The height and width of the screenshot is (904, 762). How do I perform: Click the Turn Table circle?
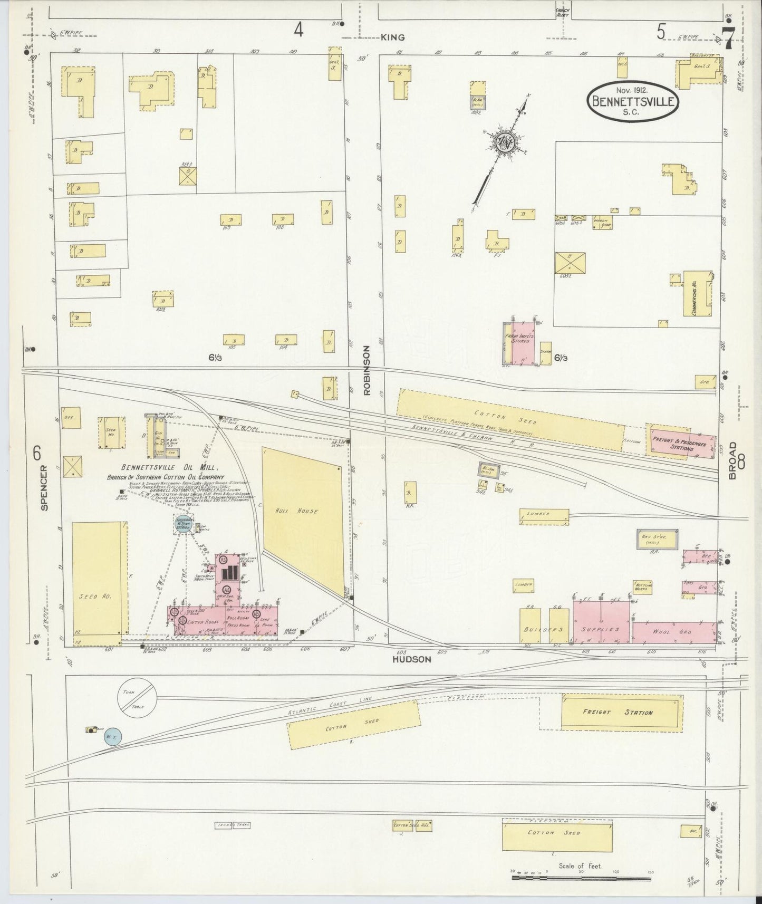click(136, 697)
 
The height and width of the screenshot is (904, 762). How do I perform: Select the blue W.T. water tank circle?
click(112, 736)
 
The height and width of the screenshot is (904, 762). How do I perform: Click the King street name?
click(393, 37)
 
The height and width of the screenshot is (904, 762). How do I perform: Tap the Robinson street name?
click(368, 370)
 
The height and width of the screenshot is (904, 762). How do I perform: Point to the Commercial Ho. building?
click(697, 294)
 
